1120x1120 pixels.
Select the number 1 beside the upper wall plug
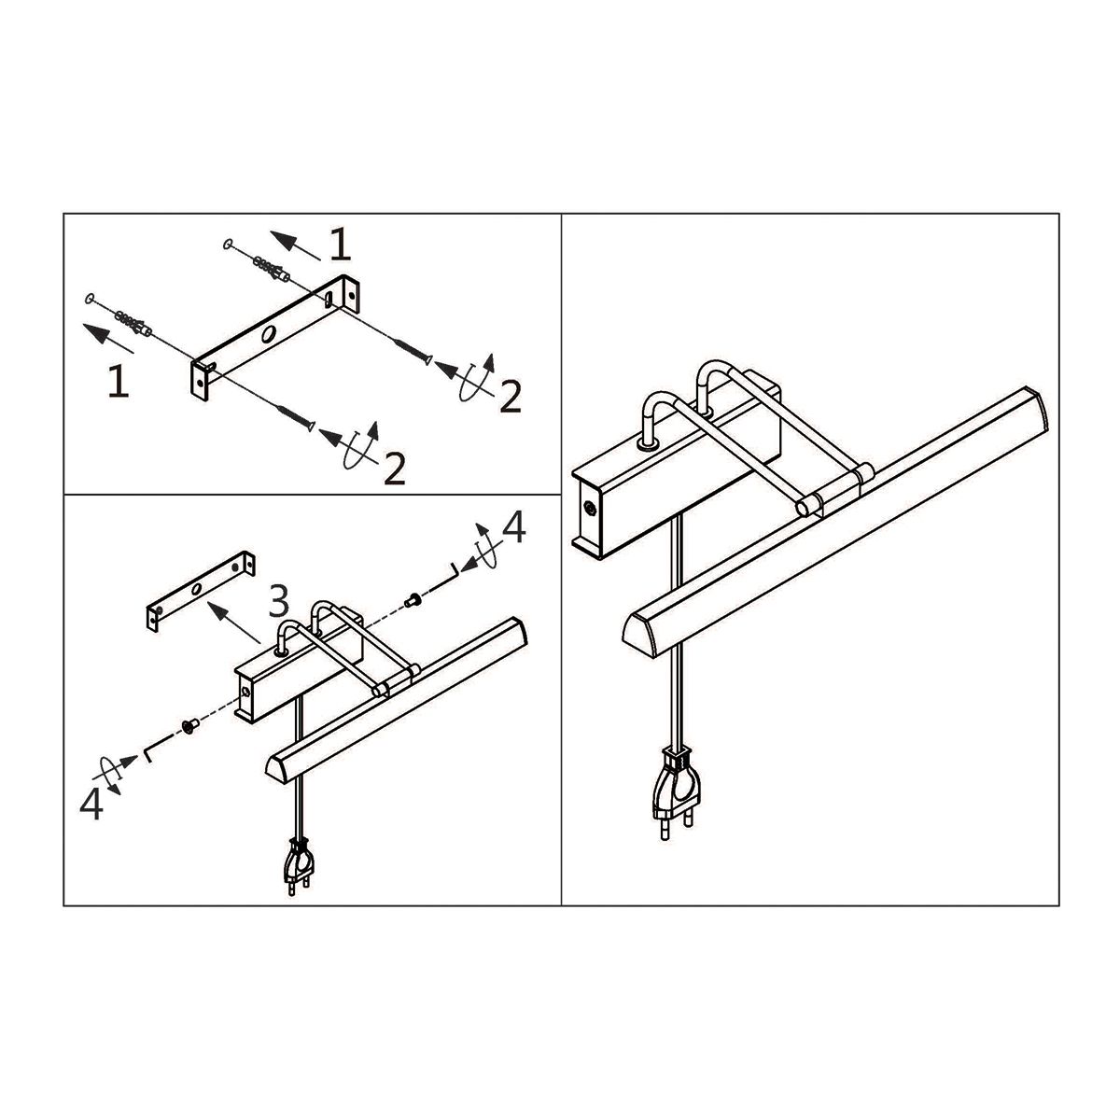coord(340,245)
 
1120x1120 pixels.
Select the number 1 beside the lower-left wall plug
coord(118,383)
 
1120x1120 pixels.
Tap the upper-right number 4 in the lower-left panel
coord(513,529)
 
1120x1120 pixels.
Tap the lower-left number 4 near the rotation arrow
coord(91,805)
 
